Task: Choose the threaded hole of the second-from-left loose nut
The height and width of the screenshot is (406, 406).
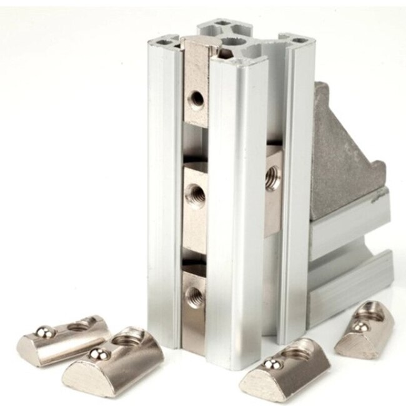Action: tap(127, 340)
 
